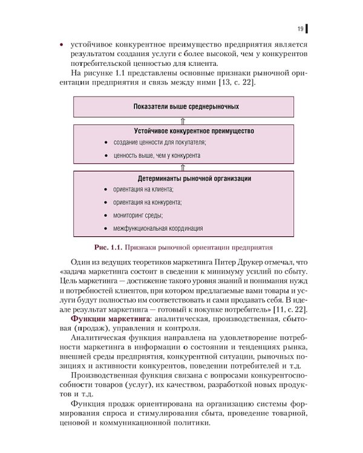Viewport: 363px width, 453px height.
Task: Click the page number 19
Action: click(x=300, y=28)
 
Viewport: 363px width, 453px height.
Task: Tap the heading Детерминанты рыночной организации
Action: click(x=194, y=179)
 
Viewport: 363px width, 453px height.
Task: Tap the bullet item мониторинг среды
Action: click(x=138, y=215)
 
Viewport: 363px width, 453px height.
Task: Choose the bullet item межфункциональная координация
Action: click(x=158, y=228)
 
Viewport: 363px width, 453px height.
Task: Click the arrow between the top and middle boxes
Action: click(x=183, y=120)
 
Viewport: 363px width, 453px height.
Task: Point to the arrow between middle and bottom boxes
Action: click(x=183, y=167)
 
